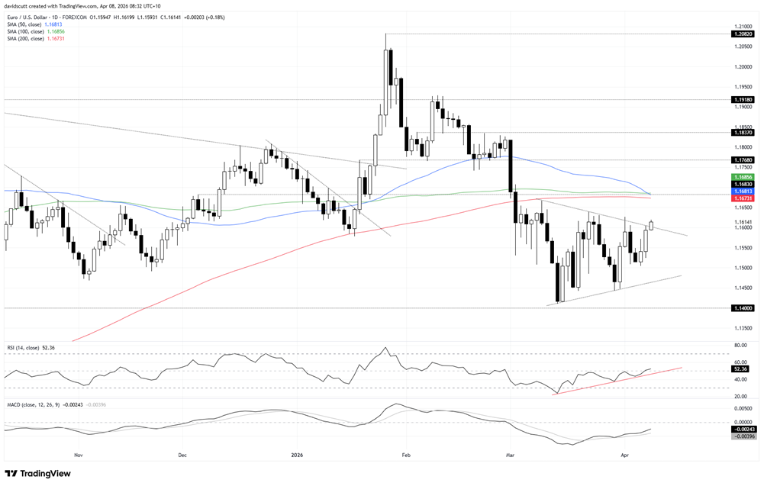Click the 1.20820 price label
point(742,34)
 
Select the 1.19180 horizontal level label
point(742,100)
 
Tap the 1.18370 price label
point(742,133)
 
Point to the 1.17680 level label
point(742,160)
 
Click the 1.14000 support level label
point(742,308)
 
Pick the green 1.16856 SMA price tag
point(742,176)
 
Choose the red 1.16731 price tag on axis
point(742,198)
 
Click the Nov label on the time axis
point(78,455)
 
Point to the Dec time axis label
point(182,455)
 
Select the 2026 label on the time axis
point(298,455)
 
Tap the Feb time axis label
point(405,455)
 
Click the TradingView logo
point(38,474)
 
